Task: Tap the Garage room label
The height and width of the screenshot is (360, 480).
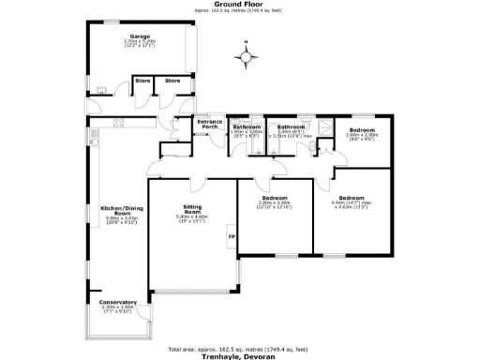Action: click(141, 37)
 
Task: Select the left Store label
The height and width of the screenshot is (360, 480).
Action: click(142, 82)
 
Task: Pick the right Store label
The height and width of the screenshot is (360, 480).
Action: click(172, 82)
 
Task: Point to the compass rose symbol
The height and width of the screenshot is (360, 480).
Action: click(246, 58)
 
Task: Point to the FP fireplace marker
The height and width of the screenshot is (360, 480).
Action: click(232, 237)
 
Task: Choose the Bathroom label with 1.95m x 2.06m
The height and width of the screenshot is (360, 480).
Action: click(246, 127)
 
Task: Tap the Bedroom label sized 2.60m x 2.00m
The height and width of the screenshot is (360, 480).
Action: click(361, 129)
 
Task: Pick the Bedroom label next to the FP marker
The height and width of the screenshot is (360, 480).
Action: click(274, 197)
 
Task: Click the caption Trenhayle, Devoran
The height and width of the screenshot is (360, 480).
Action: click(240, 354)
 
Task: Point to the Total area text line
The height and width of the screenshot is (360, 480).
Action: click(240, 346)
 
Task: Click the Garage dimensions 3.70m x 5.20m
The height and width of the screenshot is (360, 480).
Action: click(141, 43)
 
